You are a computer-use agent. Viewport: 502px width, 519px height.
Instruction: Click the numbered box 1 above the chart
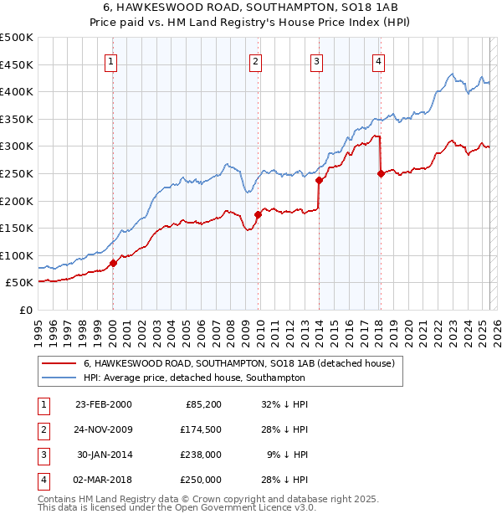tap(111, 59)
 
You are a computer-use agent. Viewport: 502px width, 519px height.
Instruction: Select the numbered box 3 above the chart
tap(317, 59)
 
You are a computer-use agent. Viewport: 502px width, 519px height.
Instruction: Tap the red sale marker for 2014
tap(319, 180)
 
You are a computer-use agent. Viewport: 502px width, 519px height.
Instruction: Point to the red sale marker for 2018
tap(381, 173)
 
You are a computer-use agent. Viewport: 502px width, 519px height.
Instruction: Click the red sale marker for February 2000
tap(113, 263)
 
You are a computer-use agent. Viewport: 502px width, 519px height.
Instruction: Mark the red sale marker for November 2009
tap(258, 214)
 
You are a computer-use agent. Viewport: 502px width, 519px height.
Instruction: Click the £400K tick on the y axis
tap(17, 91)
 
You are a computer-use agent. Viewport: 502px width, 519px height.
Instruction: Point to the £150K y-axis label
tap(17, 228)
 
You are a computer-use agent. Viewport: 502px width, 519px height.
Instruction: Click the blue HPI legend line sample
tap(58, 378)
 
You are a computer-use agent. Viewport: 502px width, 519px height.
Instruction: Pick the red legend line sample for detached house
tap(58, 363)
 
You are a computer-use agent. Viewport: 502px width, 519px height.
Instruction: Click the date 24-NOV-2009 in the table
tap(104, 430)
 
